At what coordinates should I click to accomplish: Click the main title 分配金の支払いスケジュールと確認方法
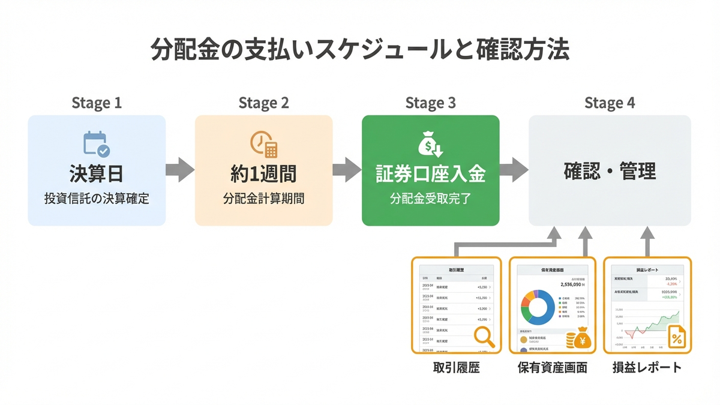(x=360, y=51)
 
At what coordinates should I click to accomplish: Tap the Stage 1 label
(x=97, y=103)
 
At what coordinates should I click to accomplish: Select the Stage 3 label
(x=430, y=103)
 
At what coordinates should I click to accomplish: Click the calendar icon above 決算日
(x=96, y=145)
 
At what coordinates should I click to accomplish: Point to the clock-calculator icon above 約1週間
(x=263, y=145)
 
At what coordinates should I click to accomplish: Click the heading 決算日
(x=97, y=174)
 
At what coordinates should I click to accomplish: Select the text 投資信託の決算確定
(x=97, y=199)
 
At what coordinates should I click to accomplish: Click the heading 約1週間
(x=263, y=174)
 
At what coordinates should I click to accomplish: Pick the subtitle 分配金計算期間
(x=263, y=199)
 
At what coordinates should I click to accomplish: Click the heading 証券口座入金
(x=430, y=174)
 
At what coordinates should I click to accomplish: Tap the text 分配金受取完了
(x=430, y=199)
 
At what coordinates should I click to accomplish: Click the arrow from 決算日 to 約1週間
(x=180, y=170)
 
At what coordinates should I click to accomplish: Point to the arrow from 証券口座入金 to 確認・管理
(x=514, y=170)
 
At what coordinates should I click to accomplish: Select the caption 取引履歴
(x=456, y=367)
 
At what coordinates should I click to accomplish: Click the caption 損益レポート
(x=647, y=367)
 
